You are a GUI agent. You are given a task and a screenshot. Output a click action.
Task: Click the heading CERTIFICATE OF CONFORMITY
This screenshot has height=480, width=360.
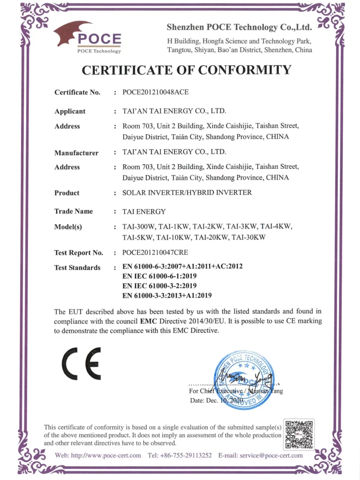coord(187,70)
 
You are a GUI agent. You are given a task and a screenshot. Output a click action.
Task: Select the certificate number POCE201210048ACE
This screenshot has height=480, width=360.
coord(156,92)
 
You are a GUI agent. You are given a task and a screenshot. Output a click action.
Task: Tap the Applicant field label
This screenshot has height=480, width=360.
coord(70,111)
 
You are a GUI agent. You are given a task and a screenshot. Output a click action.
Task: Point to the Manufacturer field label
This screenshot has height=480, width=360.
coord(76,152)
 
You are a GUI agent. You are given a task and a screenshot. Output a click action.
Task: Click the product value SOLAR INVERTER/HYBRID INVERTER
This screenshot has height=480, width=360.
coord(187,192)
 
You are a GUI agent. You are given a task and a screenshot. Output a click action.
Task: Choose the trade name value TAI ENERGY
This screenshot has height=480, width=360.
coord(144,211)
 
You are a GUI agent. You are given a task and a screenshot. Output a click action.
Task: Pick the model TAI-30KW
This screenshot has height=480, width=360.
coord(249,237)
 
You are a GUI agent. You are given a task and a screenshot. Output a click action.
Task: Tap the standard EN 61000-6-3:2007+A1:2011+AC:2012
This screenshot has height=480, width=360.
coord(182,267)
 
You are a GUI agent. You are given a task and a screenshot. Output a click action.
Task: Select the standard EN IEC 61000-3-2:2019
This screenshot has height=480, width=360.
coord(159,286)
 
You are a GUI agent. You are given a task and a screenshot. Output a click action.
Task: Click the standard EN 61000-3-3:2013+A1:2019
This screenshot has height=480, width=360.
coord(167,296)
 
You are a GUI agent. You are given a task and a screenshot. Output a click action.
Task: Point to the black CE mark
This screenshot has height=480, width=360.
coord(82,363)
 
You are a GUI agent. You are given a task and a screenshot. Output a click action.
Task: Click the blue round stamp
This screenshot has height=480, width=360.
coord(243,380)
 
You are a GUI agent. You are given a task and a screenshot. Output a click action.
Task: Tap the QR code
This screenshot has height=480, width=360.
coord(299,434)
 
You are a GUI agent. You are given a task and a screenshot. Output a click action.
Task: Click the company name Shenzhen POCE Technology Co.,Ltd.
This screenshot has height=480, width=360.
coord(239,27)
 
